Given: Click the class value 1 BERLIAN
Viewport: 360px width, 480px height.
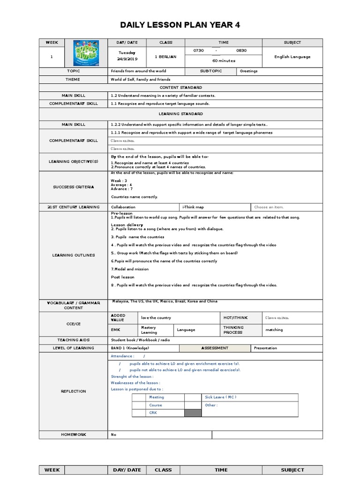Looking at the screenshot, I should point(165,57).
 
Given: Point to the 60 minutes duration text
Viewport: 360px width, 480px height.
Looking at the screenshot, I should point(224,61).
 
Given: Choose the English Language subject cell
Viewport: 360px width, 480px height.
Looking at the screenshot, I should point(292,57).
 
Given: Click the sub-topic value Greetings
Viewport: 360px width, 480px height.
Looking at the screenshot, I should point(248,71).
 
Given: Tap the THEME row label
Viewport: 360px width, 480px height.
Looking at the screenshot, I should point(73,80).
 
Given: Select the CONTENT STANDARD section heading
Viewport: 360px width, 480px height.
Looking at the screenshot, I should point(180,88).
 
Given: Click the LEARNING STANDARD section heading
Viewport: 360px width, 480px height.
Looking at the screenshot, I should point(180,114).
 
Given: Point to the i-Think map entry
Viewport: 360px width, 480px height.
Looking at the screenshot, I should point(193,207).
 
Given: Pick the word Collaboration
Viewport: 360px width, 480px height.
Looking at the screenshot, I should point(123,207).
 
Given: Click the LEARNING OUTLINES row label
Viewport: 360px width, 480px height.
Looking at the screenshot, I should point(73,255).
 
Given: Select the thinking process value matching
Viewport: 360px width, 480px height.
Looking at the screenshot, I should point(274,330).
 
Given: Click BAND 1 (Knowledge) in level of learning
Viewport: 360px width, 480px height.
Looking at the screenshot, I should point(129,348).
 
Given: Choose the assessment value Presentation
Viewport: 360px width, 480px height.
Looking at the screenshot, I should point(265,348).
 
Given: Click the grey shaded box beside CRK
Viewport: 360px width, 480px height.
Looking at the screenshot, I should point(192,413).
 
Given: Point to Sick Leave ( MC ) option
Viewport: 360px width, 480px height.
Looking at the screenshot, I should point(220,397).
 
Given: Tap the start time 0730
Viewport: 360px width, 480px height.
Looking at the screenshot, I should point(199,50).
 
